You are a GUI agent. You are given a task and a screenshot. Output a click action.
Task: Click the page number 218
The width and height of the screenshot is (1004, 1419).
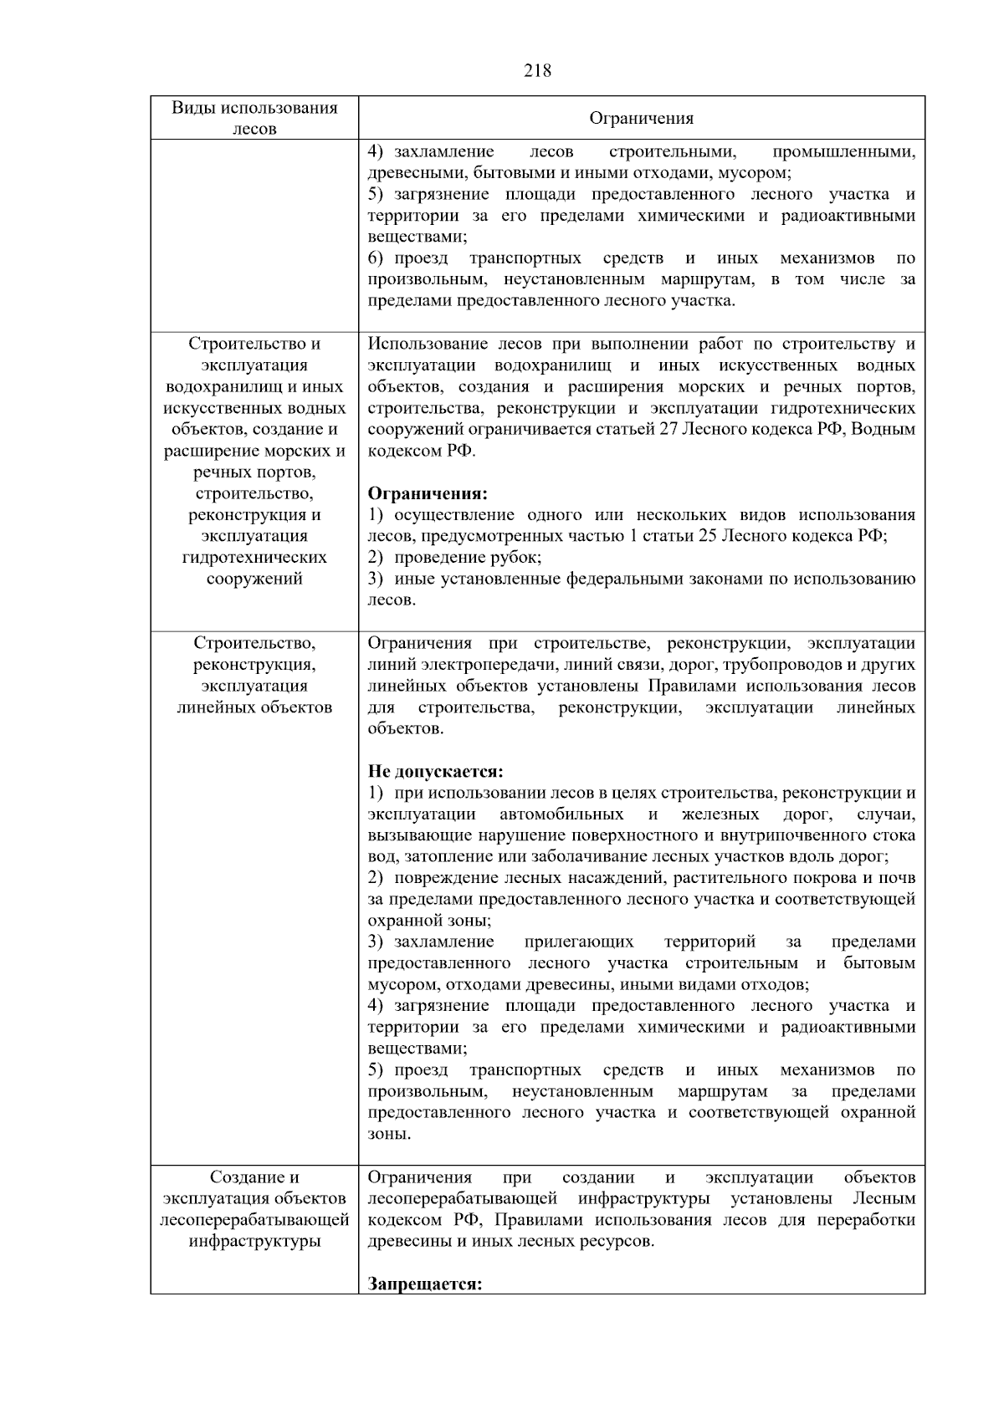pos(537,71)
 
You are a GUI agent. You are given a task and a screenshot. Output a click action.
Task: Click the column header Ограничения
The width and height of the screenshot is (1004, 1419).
pos(641,118)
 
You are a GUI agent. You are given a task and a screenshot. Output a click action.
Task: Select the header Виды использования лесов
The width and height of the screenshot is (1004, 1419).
pos(254,118)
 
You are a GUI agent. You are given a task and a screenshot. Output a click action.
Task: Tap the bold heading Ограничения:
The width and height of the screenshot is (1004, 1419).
pos(428,493)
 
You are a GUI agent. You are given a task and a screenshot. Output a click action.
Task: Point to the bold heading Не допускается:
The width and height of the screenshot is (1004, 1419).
pos(436,771)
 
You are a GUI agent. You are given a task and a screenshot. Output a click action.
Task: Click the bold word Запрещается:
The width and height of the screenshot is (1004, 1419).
pos(425,1284)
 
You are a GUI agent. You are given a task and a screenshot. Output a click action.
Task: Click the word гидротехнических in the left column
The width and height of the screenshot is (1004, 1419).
pos(254,558)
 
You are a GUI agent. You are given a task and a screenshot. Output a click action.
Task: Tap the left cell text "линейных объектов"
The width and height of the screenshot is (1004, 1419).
pos(254,707)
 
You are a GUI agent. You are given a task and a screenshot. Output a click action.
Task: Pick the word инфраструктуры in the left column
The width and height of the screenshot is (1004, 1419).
pos(254,1241)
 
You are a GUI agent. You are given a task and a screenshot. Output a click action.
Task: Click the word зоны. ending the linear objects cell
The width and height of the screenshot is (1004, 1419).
pos(389,1135)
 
